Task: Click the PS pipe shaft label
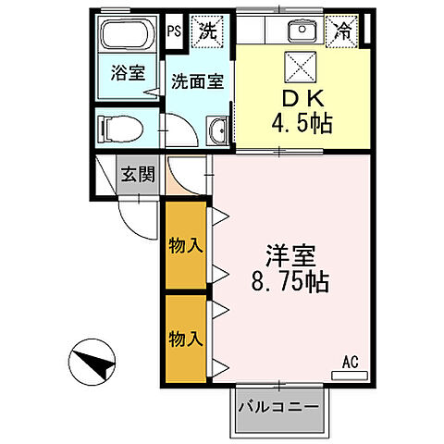(x=174, y=30)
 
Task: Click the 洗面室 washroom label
(x=197, y=80)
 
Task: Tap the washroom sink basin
(x=219, y=132)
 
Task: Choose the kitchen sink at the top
(x=302, y=31)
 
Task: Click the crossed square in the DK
(x=302, y=67)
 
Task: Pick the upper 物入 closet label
(x=185, y=245)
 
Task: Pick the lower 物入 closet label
(x=185, y=338)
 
